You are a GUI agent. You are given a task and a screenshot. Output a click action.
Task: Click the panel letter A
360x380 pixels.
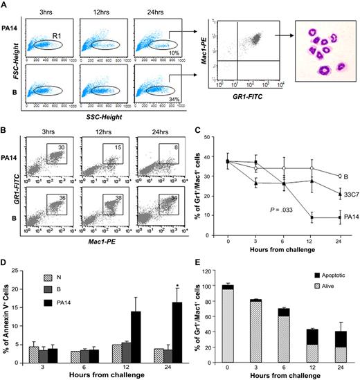(5, 6)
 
